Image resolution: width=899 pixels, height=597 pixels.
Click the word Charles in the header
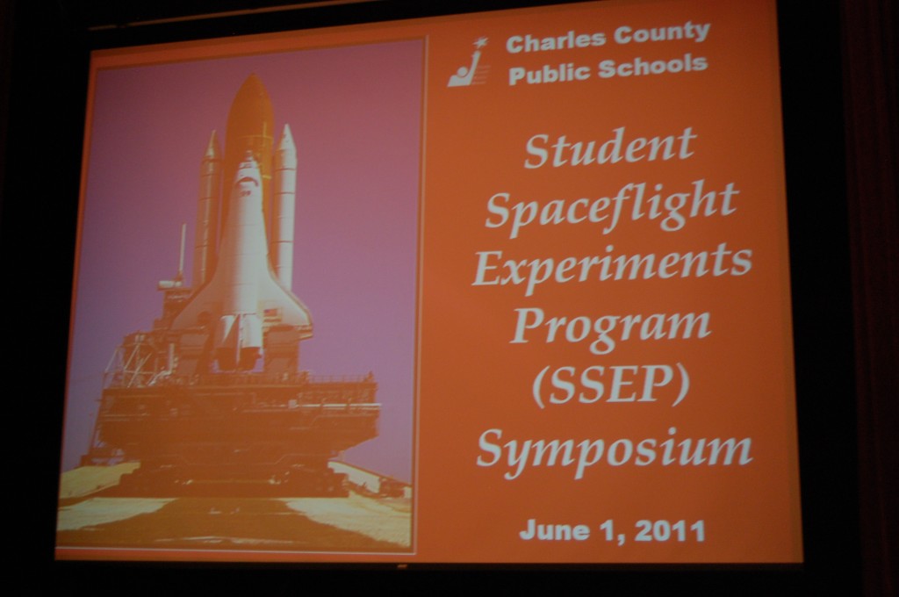tap(555, 42)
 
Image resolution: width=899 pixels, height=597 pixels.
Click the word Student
tap(610, 147)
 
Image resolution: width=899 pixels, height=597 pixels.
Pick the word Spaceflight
tap(611, 206)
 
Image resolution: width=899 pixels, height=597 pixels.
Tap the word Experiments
tap(612, 267)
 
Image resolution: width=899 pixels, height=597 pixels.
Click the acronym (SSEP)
tap(611, 385)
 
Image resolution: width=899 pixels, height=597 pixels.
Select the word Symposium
tap(614, 450)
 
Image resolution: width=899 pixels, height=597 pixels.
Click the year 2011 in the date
tap(670, 531)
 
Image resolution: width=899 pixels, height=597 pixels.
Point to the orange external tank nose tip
tap(250, 77)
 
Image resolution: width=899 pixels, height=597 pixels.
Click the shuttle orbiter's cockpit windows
tap(246, 183)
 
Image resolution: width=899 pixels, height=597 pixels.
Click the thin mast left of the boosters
tap(183, 251)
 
